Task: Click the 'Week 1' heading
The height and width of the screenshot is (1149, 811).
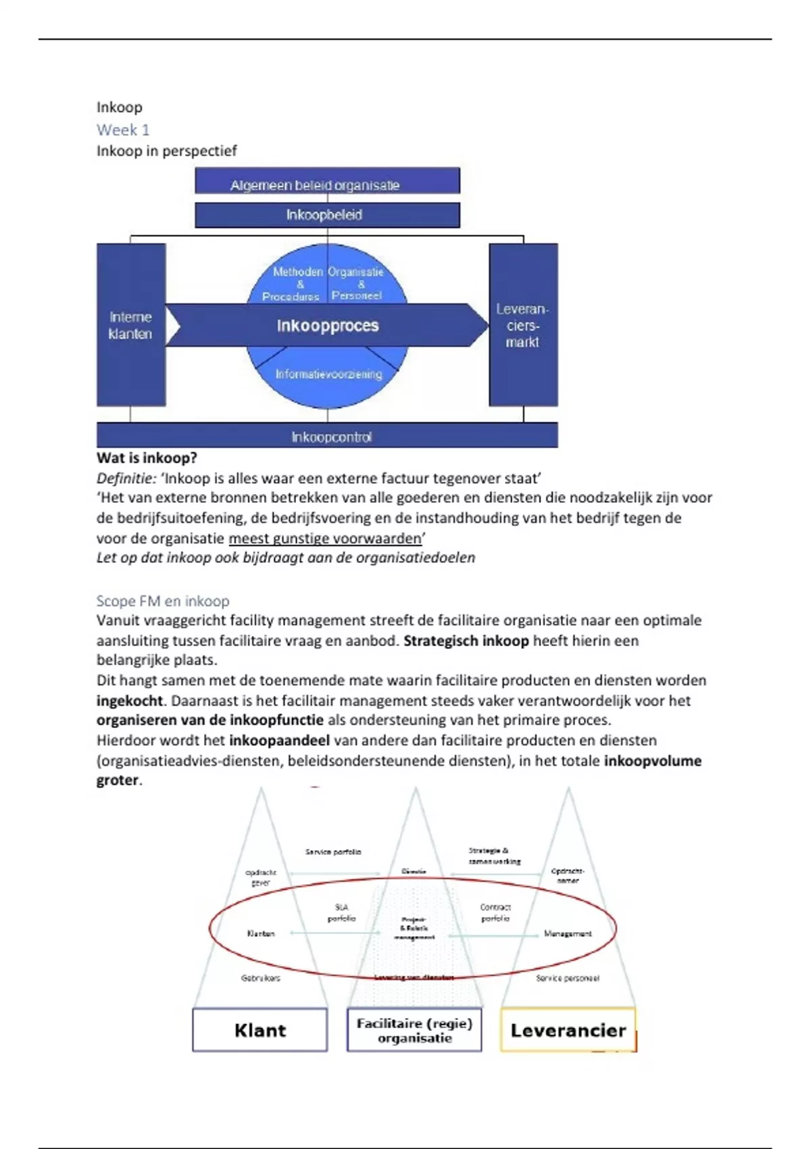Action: [x=123, y=130]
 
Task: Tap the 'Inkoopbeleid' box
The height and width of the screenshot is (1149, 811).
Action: [x=327, y=215]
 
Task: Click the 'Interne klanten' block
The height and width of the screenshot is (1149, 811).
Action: [x=130, y=325]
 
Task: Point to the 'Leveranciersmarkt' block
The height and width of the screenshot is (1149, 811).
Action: [x=523, y=325]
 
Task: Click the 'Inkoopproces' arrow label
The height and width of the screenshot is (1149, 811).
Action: [x=328, y=326]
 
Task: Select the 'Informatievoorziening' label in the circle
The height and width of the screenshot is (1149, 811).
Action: [x=328, y=374]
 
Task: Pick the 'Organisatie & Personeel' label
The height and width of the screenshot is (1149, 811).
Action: [x=357, y=283]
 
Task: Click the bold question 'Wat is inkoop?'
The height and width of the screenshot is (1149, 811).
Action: [x=147, y=458]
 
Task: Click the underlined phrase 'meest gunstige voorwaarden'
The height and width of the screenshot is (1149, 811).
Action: [x=325, y=539]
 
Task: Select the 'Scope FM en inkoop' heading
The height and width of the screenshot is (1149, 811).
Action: [x=163, y=601]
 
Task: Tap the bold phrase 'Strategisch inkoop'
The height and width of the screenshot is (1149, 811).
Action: [x=466, y=641]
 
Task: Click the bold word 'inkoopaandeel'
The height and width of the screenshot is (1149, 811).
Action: [x=279, y=741]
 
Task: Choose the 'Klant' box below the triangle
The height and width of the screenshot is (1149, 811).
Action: [x=260, y=1030]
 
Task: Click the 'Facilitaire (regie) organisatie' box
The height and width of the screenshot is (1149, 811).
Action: [x=414, y=1030]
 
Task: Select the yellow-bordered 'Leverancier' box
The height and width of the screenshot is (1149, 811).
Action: [x=568, y=1030]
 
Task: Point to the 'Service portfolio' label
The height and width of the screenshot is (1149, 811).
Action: [x=333, y=852]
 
